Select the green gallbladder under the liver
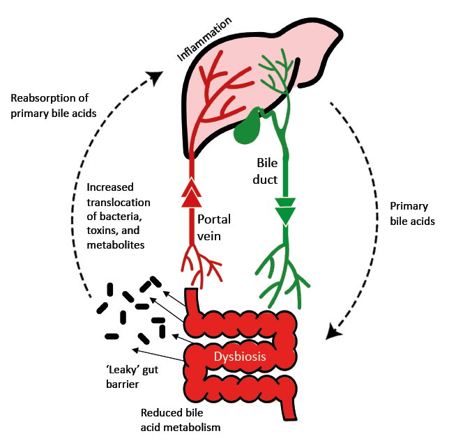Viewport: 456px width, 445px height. coord(247,128)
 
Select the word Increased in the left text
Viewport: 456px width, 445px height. coord(110,188)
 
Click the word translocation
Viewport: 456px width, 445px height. coord(119,202)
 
